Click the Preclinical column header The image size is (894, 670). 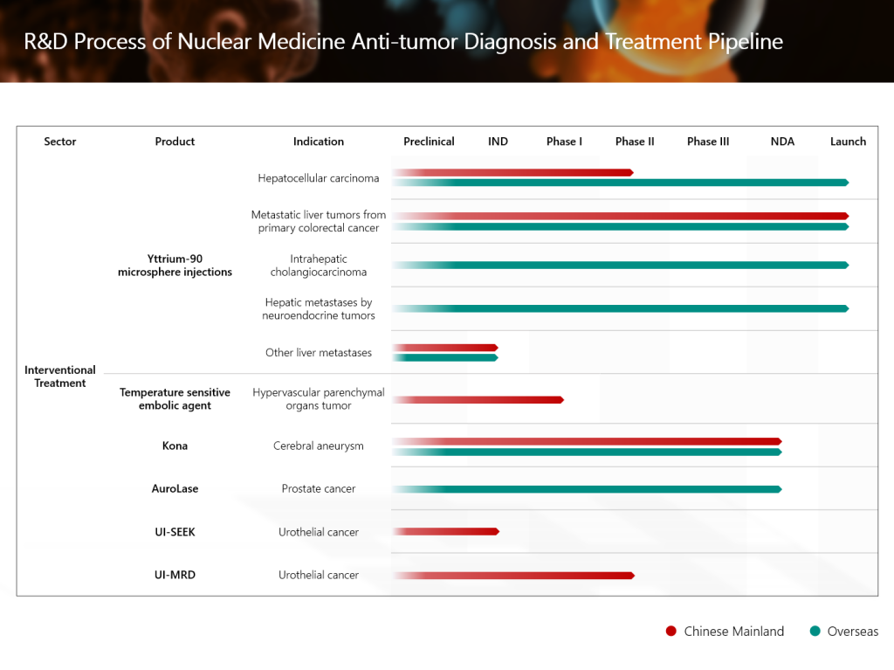429,142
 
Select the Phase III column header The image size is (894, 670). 708,142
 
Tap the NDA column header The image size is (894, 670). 782,142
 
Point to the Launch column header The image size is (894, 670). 848,142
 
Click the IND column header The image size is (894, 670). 498,142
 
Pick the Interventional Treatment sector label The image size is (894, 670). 60,376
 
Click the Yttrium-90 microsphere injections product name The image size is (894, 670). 175,266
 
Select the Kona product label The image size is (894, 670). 175,446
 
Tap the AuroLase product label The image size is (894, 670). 175,489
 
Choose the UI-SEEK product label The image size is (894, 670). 175,532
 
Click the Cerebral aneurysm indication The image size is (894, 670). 319,446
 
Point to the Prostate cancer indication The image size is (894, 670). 319,489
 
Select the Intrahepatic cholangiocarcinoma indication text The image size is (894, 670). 319,266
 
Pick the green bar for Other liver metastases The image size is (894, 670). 445,357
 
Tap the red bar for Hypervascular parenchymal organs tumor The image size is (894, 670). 478,400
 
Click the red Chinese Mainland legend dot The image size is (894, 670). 670,632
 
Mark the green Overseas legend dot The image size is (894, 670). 815,632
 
